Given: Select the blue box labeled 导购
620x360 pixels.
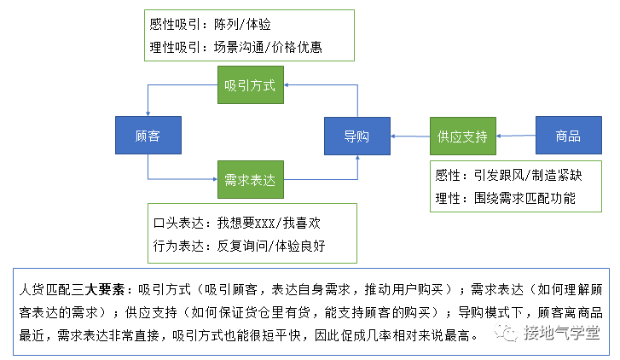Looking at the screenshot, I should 356,136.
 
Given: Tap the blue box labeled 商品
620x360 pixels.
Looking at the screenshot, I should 567,136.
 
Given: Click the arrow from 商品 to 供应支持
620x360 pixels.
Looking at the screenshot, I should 515,136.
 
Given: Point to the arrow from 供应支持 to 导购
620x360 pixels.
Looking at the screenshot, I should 409,136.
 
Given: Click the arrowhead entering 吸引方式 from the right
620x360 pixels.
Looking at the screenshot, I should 287,86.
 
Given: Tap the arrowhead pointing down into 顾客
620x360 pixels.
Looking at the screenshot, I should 148,113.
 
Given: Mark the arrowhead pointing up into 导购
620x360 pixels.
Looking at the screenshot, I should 356,159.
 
